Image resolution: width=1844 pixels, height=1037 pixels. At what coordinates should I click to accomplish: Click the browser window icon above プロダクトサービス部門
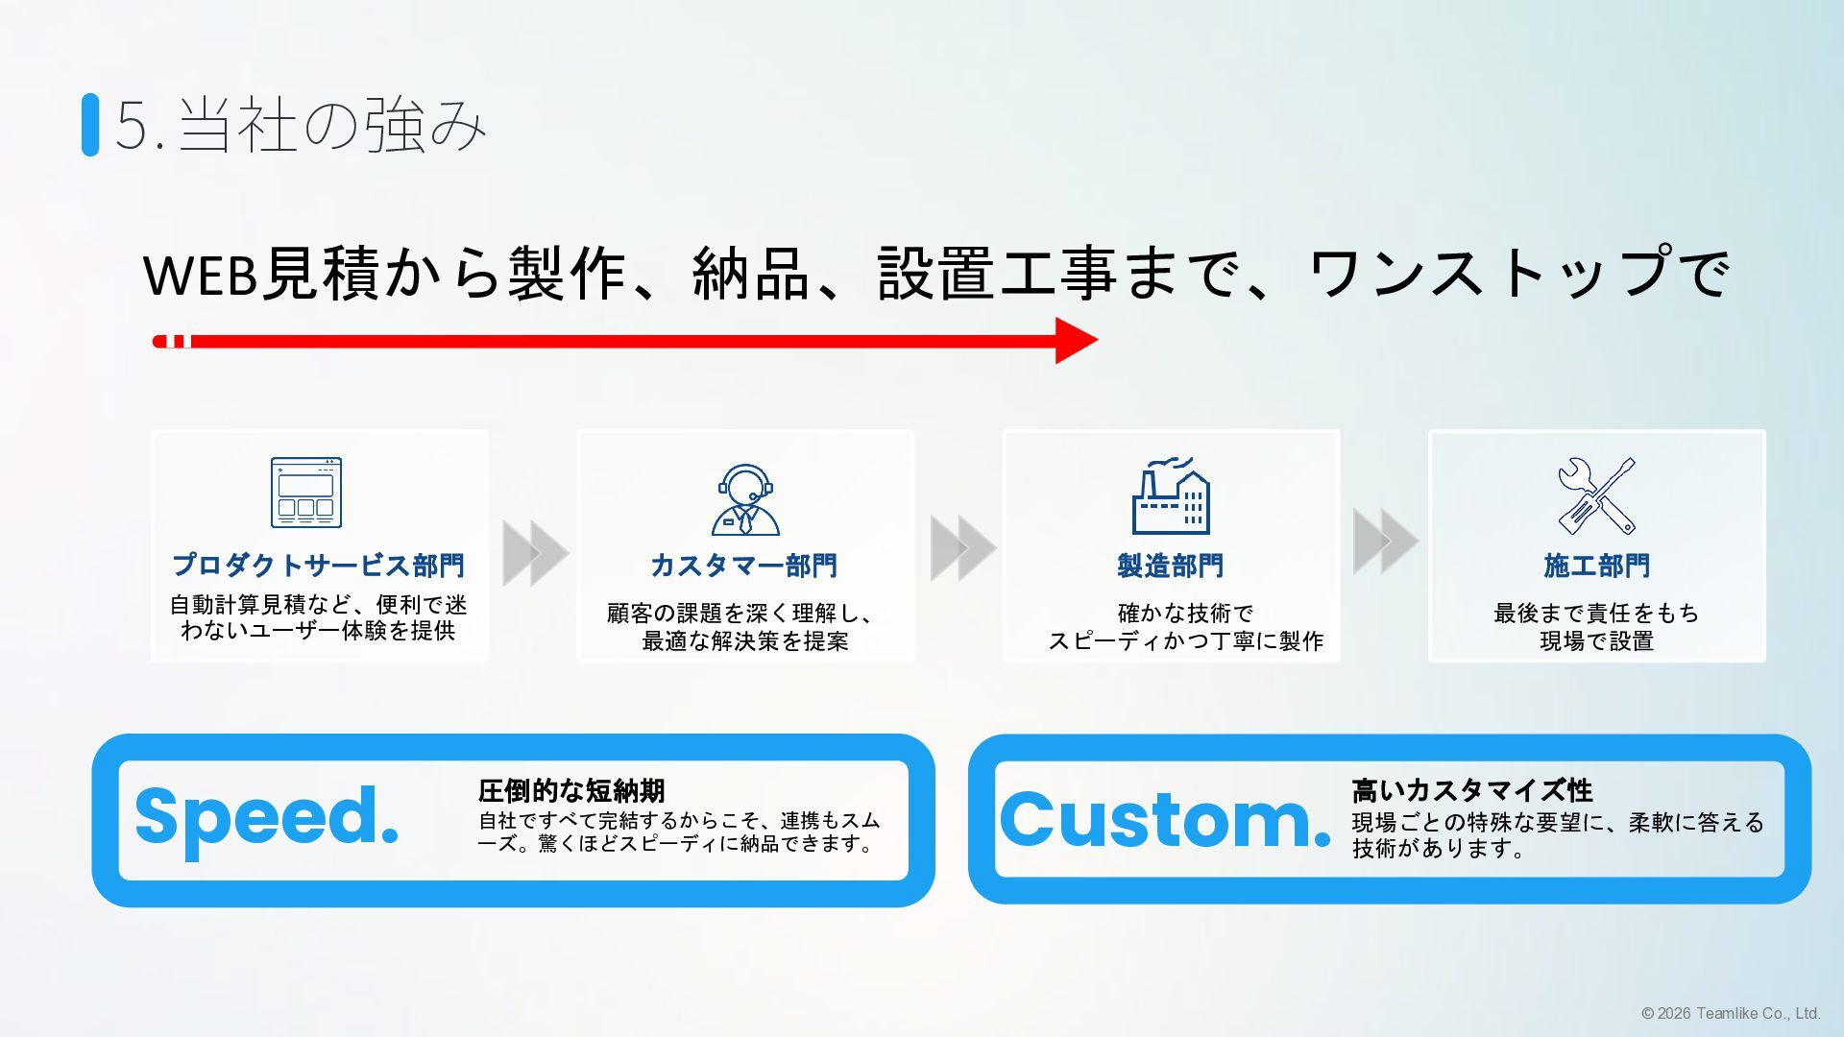[x=305, y=493]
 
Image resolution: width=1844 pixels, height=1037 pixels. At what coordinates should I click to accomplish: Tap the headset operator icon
[x=745, y=499]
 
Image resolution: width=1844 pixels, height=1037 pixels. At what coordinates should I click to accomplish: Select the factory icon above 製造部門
[x=1170, y=495]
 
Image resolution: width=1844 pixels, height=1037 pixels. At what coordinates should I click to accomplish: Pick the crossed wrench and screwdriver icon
[x=1596, y=495]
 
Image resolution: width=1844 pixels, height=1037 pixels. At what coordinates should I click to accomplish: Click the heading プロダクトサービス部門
[x=318, y=566]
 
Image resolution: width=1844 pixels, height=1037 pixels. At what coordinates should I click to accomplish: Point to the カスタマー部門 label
[x=744, y=566]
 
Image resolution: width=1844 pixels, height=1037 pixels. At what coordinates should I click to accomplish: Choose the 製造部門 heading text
[x=1170, y=566]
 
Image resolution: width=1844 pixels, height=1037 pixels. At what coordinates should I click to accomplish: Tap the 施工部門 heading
[x=1596, y=566]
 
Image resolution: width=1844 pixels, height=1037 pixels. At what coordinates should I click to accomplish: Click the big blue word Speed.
[x=267, y=817]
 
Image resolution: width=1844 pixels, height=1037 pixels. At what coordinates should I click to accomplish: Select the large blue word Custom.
[x=1165, y=820]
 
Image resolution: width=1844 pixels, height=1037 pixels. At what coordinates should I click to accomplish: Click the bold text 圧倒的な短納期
[x=571, y=791]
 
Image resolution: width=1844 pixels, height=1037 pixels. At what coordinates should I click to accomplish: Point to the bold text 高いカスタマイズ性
[x=1471, y=791]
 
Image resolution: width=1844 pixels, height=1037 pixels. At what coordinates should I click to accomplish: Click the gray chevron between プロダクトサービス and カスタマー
[x=535, y=552]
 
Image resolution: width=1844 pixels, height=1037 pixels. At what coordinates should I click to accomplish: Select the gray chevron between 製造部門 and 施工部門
[x=1385, y=542]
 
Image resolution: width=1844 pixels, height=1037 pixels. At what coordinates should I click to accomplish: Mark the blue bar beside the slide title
[x=90, y=124]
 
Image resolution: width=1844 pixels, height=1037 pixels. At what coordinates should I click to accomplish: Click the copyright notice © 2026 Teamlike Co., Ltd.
[x=1731, y=1013]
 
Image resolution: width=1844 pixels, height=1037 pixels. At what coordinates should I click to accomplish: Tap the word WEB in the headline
[x=200, y=275]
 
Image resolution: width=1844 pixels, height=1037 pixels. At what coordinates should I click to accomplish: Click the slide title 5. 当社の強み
[x=301, y=125]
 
